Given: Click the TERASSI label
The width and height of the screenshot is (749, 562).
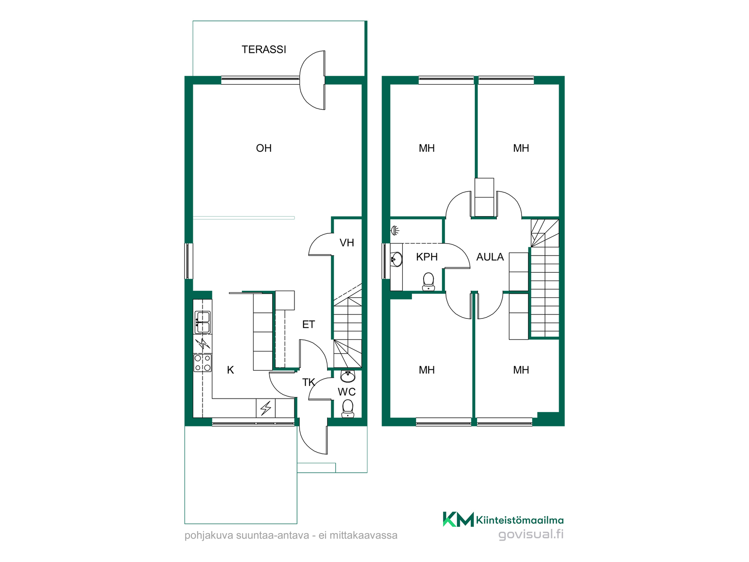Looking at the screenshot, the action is [x=264, y=50].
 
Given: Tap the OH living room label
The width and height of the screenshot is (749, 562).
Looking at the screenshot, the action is [x=264, y=148].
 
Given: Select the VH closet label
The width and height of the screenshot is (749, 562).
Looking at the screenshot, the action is [x=347, y=243].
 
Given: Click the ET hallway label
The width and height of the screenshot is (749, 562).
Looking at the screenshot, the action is [x=309, y=324].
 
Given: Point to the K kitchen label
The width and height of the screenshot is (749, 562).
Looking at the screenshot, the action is [x=231, y=370].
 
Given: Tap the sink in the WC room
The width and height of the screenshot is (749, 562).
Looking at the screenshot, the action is [x=348, y=376].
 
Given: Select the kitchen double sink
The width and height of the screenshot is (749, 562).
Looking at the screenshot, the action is [x=203, y=322].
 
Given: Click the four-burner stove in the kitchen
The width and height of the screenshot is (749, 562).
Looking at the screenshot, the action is [x=203, y=363].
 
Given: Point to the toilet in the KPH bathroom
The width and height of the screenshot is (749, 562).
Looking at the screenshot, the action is [x=428, y=281].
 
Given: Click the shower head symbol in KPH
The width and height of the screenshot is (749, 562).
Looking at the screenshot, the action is [x=395, y=231].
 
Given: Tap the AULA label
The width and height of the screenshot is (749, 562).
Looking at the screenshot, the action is [x=490, y=257].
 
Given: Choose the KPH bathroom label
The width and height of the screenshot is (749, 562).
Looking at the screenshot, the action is [x=427, y=257].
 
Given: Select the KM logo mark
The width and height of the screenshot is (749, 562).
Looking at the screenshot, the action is [x=458, y=519].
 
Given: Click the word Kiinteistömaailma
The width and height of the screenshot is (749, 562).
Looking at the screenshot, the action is [x=520, y=520].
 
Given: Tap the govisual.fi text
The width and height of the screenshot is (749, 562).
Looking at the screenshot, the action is [x=531, y=534].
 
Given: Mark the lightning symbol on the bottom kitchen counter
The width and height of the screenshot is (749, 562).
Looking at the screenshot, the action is [x=266, y=408].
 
